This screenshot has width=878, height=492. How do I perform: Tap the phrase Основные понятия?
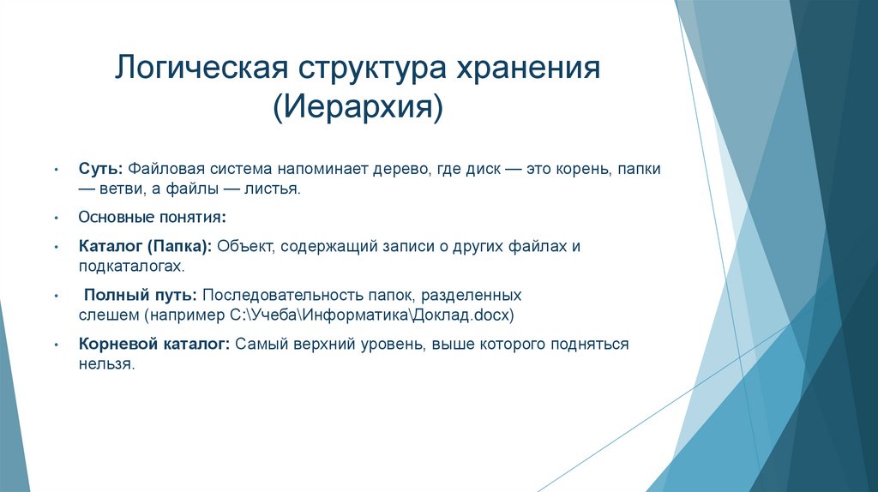[152, 218]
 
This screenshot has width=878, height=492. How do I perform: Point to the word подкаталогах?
[131, 267]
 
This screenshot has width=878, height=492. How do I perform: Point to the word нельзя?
[106, 364]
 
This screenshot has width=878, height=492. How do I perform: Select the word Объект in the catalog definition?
[244, 247]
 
